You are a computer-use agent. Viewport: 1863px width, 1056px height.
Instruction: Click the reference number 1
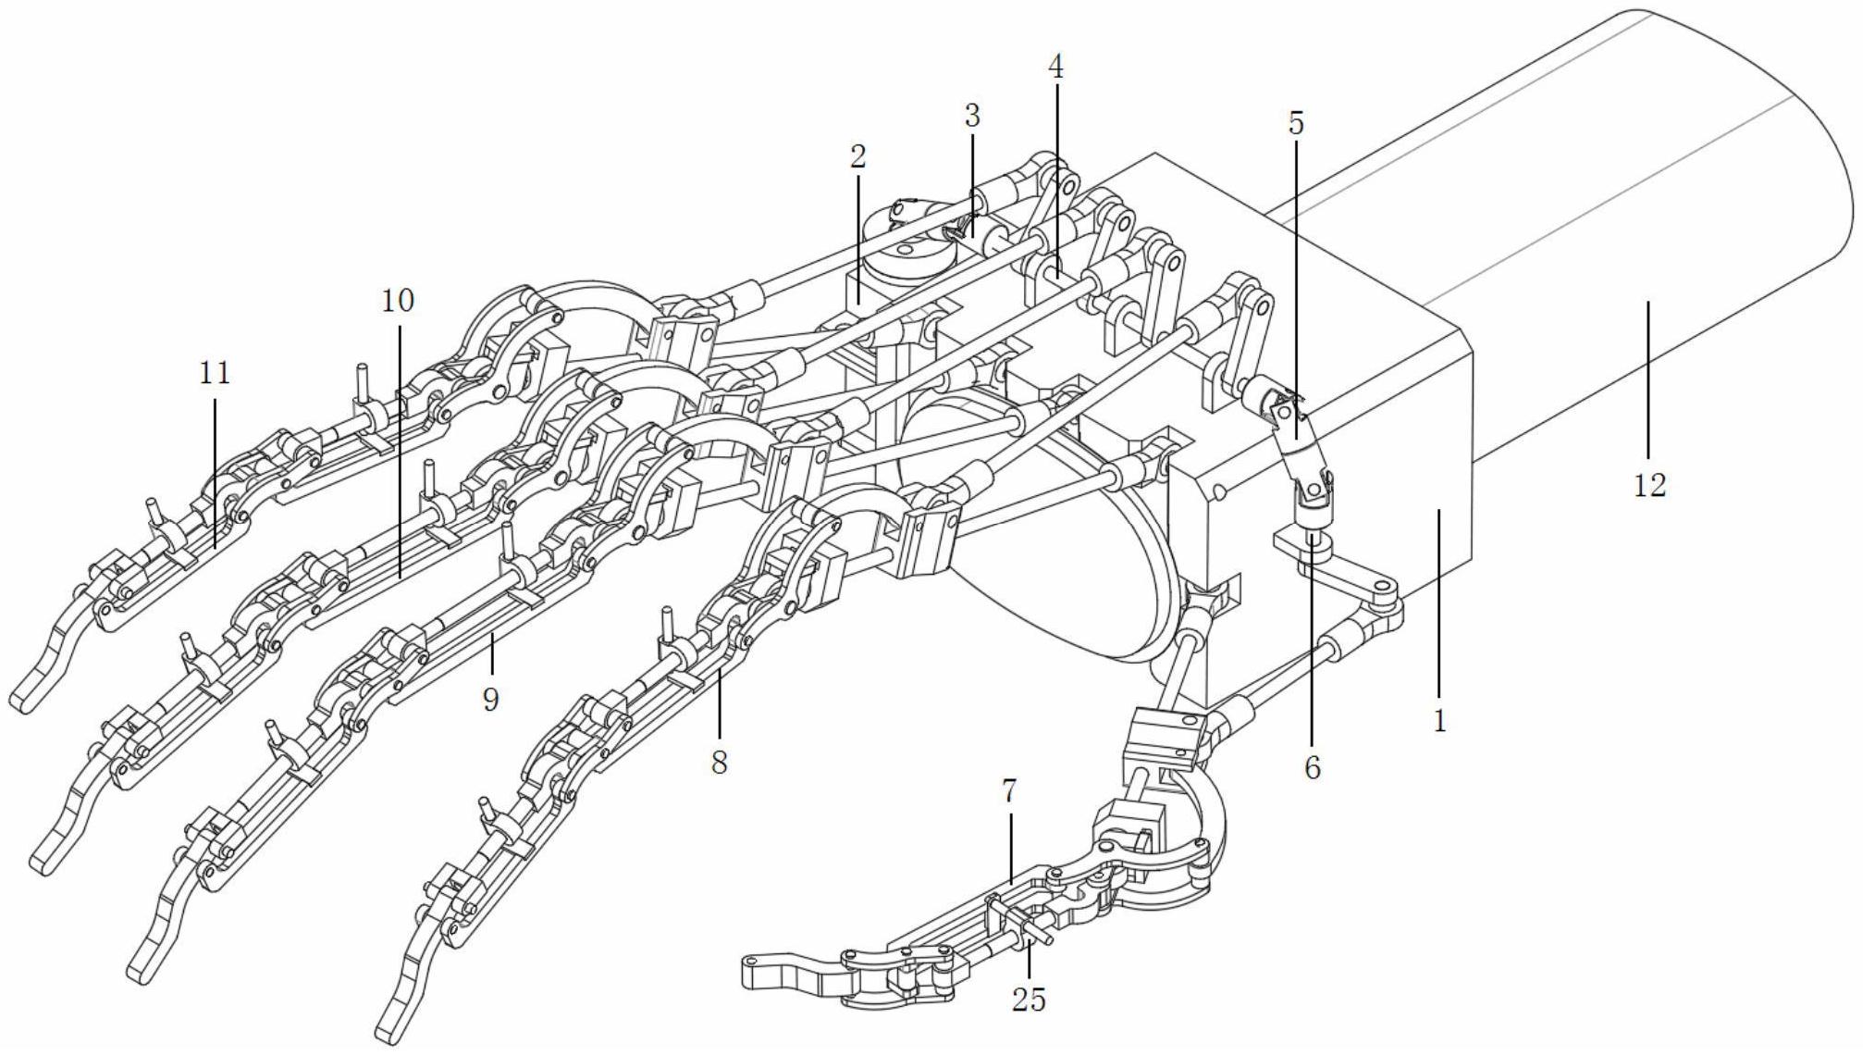(1439, 721)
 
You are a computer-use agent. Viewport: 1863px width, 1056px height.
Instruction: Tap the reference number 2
(858, 156)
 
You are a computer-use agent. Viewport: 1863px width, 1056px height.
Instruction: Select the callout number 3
(971, 117)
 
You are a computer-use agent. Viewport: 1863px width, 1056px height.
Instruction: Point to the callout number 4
(1055, 67)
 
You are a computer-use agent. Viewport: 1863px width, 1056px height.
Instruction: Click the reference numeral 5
(1296, 123)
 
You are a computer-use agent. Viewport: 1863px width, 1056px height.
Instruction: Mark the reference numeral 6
(1313, 767)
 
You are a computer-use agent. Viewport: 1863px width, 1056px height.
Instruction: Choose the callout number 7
(1009, 791)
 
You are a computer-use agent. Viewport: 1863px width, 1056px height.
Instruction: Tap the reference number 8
(720, 763)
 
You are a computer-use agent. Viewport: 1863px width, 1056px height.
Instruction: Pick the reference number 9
(490, 699)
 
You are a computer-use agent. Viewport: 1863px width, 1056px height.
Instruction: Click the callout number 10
(398, 301)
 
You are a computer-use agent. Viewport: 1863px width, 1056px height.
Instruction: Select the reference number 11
(215, 373)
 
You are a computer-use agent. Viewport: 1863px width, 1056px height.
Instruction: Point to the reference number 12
(1649, 485)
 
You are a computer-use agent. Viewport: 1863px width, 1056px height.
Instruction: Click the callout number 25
(1029, 1000)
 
